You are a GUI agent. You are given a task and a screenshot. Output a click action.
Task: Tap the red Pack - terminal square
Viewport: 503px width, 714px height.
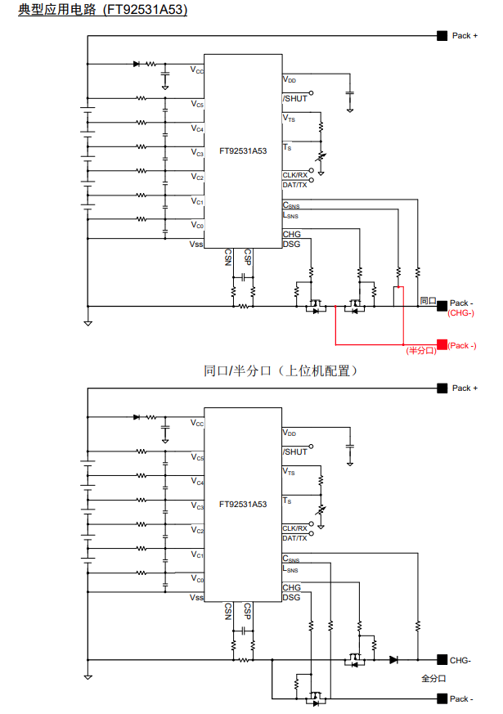coord(442,344)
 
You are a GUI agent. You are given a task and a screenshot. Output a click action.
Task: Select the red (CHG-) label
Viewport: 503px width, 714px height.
coord(462,313)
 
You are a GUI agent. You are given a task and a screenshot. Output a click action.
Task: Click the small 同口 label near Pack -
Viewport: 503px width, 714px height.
coord(427,301)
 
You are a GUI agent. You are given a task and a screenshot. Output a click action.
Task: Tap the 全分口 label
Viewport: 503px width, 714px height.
coord(433,678)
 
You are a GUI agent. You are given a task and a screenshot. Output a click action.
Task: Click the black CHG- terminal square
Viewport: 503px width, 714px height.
coord(442,659)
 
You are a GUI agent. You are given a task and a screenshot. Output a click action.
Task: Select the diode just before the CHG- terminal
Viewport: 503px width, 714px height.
coord(393,659)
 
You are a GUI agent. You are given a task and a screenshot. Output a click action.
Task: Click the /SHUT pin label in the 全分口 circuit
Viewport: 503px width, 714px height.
coord(295,451)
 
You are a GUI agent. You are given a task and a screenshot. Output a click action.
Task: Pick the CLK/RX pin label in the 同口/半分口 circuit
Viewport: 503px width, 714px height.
coord(295,175)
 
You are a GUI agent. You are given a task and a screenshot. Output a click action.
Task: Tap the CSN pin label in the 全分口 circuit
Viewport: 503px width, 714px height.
coord(228,611)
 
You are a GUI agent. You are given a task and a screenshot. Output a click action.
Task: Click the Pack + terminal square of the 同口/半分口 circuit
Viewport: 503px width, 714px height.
coord(442,36)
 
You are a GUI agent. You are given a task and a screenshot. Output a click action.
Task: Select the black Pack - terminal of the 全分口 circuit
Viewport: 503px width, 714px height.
coord(442,698)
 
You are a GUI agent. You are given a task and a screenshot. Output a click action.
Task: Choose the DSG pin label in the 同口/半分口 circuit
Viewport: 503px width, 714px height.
coord(292,244)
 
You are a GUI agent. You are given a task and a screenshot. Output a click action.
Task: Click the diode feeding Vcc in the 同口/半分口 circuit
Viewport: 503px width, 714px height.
coord(136,64)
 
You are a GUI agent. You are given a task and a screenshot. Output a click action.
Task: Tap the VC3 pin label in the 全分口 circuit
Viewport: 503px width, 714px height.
coord(197,506)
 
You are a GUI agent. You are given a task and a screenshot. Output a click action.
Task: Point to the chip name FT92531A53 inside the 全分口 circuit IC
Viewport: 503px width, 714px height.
coord(243,505)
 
